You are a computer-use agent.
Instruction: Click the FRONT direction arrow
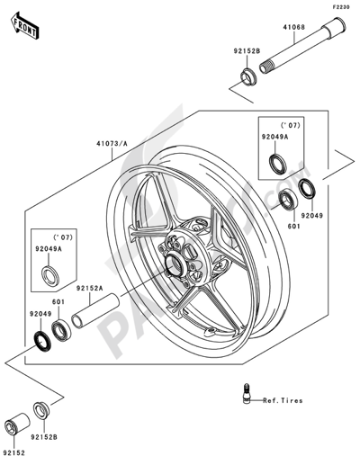click(24, 25)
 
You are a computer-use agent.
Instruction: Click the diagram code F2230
click(340, 7)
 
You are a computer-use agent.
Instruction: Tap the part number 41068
click(294, 27)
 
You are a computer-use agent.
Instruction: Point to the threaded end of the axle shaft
click(265, 67)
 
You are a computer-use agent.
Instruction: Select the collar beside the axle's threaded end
click(248, 77)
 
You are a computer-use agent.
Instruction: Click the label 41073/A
click(112, 144)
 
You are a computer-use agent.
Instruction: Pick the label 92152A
click(89, 288)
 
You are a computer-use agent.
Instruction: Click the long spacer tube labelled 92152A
click(95, 311)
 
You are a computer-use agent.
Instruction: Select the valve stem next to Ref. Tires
click(247, 394)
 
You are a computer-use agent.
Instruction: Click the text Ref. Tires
click(283, 400)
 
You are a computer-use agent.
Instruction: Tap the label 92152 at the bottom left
click(14, 452)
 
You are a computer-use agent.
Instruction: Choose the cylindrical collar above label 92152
click(17, 424)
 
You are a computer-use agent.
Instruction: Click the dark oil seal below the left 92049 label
click(41, 340)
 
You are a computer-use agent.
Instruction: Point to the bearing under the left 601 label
click(61, 331)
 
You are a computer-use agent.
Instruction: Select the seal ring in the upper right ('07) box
click(278, 164)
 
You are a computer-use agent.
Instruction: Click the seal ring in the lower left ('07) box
click(50, 276)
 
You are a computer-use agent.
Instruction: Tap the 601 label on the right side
click(294, 227)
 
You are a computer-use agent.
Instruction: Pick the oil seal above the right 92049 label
click(307, 189)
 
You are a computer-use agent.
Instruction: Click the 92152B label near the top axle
click(247, 51)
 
